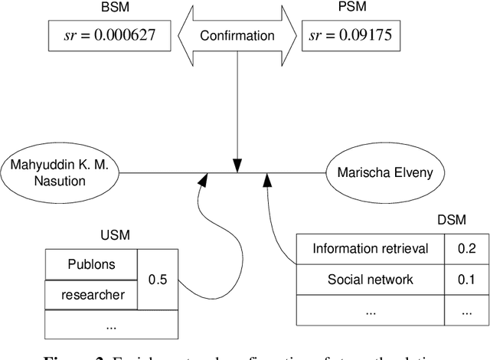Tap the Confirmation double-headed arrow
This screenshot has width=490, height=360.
point(237,35)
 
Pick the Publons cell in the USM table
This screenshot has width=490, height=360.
point(90,264)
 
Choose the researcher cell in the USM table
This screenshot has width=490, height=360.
point(90,294)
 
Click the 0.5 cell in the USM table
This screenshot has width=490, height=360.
point(158,280)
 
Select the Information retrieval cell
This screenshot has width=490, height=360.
point(371,248)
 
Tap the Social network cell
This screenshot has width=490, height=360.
point(371,280)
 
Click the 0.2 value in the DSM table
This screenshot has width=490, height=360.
point(465,248)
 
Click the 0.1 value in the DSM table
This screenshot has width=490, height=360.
point(465,280)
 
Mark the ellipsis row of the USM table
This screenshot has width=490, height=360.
point(111,324)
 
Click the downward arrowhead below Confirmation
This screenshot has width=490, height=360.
point(237,165)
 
